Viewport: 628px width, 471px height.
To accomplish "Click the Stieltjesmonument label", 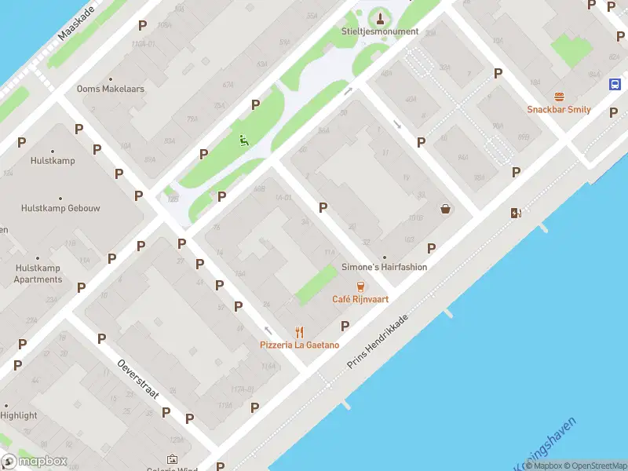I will click(380, 31).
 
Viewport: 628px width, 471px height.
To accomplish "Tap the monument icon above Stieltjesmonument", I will click(380, 17).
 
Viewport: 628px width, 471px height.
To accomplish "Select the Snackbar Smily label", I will click(559, 110).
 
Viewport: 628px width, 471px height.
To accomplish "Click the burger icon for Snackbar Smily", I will click(559, 97).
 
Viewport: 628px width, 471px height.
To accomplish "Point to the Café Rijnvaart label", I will click(360, 299).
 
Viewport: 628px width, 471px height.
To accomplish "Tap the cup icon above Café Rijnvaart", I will click(360, 287).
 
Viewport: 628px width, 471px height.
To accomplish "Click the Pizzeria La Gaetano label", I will click(300, 345).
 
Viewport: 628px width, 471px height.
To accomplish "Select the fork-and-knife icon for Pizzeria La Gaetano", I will click(299, 332).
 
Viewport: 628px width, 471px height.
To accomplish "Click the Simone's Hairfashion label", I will click(385, 267).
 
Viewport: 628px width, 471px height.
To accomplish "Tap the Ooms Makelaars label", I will click(111, 89).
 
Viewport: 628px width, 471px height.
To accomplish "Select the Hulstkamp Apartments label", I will click(38, 273).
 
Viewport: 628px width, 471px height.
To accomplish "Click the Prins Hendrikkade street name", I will click(378, 343).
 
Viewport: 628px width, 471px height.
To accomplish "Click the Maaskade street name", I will click(75, 24).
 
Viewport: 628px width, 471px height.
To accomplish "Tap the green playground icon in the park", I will click(243, 141).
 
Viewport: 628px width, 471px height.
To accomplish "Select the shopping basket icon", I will click(446, 209).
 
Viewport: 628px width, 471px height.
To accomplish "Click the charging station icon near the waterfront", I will click(516, 213).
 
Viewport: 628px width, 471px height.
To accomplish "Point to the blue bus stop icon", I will click(615, 85).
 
